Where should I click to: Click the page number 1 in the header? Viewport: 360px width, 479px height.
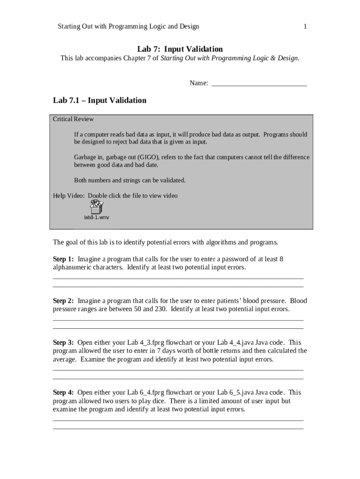point(305,27)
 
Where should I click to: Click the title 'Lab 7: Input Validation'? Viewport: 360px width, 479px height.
point(180,49)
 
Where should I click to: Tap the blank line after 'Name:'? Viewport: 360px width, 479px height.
point(259,83)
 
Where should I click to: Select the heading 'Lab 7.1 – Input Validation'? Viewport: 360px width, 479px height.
point(100,101)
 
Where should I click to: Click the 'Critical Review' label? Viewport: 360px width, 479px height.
point(73,119)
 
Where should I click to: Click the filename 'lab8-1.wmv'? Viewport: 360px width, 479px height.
point(97,218)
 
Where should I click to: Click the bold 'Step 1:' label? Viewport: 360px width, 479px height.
point(63,259)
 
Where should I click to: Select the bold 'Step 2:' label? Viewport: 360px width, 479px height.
point(63,301)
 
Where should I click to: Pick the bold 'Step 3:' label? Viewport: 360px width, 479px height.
point(63,342)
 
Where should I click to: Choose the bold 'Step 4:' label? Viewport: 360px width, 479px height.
point(63,392)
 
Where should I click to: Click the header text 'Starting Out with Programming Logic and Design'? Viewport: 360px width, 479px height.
point(128,27)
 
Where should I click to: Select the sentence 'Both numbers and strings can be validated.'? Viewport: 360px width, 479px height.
point(130,180)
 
